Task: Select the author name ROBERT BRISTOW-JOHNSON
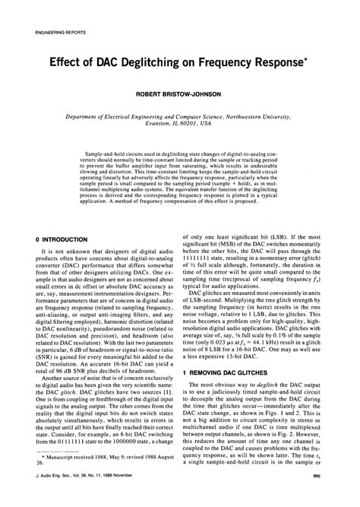click(x=179, y=96)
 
